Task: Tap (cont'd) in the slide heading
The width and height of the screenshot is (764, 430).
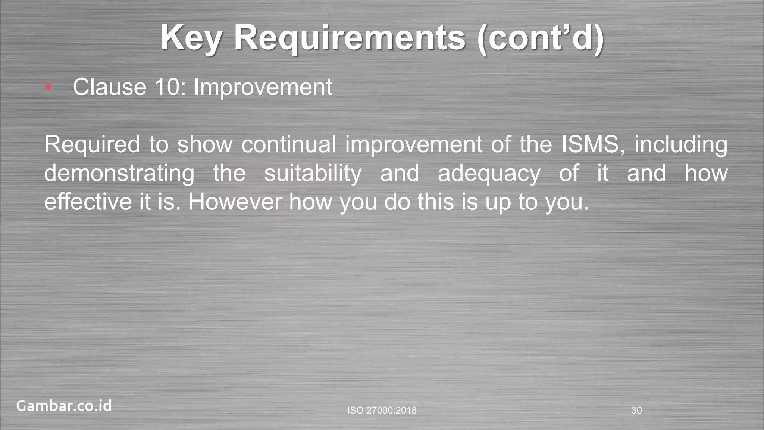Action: tap(541, 38)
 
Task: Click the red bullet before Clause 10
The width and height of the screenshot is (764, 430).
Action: tap(48, 87)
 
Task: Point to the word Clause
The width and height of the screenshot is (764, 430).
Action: tap(109, 87)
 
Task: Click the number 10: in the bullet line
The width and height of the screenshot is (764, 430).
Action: tap(170, 87)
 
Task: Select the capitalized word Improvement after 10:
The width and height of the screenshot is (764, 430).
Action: tap(263, 87)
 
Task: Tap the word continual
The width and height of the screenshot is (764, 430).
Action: tap(289, 145)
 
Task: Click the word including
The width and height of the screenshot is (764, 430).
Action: tap(681, 145)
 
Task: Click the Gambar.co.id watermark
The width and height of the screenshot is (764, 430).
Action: tap(64, 406)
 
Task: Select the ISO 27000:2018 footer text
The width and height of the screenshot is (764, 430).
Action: tap(382, 411)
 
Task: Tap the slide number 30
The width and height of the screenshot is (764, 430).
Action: tap(636, 411)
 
